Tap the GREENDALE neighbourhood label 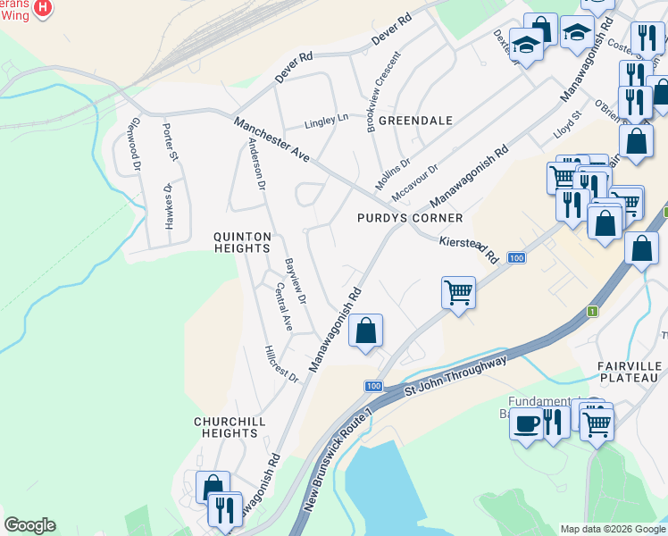415,120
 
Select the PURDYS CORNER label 410,218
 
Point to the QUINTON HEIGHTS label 241,242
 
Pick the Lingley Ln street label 326,118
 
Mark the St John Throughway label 455,375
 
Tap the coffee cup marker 527,422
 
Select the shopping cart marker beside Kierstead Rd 458,292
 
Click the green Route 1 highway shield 591,311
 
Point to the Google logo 29,525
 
